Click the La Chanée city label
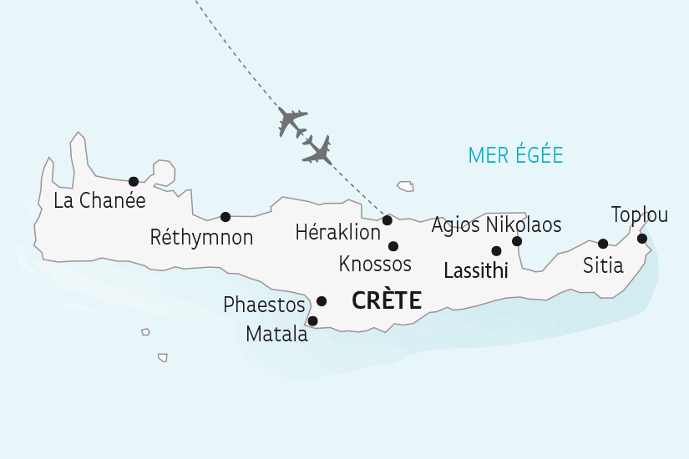tap(99, 201)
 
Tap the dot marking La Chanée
tap(133, 181)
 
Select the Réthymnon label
tap(201, 238)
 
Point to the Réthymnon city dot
tap(225, 217)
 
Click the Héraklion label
tap(338, 233)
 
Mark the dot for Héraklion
tap(388, 220)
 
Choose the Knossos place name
tap(375, 265)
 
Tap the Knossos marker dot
tap(393, 246)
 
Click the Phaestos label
tap(264, 305)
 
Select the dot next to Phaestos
tap(322, 301)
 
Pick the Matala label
tap(276, 335)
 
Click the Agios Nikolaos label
tap(496, 225)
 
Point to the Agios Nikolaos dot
tap(517, 241)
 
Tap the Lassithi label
tap(476, 271)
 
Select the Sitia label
tap(603, 266)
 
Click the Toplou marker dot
tap(642, 239)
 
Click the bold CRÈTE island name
tap(386, 300)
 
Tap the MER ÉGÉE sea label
tap(515, 155)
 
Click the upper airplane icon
tap(293, 122)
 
